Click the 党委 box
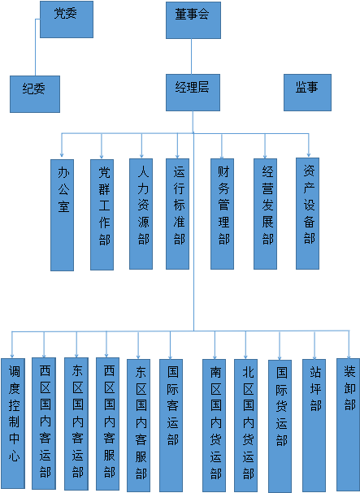click(x=67, y=19)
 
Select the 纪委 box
click(x=35, y=94)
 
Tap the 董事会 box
click(x=193, y=20)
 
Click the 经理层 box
click(x=193, y=93)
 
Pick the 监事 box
click(x=307, y=93)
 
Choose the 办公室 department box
click(x=63, y=215)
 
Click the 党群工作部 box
click(x=102, y=214)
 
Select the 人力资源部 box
click(x=141, y=214)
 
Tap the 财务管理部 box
click(x=222, y=214)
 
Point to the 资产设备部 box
click(x=307, y=214)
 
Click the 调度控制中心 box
click(x=13, y=423)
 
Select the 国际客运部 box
click(x=171, y=425)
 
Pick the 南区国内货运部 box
click(x=214, y=426)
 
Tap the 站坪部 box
click(x=314, y=426)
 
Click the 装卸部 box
click(x=348, y=425)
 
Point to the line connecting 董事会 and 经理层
click(x=191, y=56)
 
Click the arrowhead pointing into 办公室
click(x=62, y=154)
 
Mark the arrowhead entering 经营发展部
click(x=265, y=156)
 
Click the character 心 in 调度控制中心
click(x=14, y=456)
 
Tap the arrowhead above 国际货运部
click(x=280, y=357)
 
